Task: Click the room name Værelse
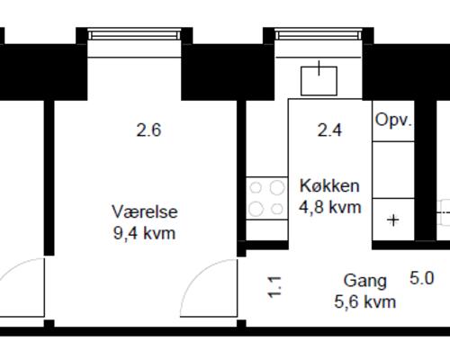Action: pos(144,212)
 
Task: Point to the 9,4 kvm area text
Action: pos(144,234)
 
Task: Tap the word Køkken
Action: pos(329,186)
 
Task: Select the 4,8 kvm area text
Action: pos(329,207)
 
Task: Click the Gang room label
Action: pos(364,281)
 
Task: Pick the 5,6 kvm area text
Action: pos(364,302)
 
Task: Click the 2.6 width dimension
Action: pos(148,130)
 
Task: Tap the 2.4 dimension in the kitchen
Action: pos(329,130)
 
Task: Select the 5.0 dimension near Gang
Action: pos(422,279)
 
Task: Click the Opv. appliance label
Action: pos(393,121)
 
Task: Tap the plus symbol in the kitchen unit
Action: pos(393,219)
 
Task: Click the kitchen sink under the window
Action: pos(319,78)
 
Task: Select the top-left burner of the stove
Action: pos(256,189)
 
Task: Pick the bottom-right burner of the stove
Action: pos(273,209)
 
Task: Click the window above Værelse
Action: pos(135,35)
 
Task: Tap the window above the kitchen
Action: pos(319,35)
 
